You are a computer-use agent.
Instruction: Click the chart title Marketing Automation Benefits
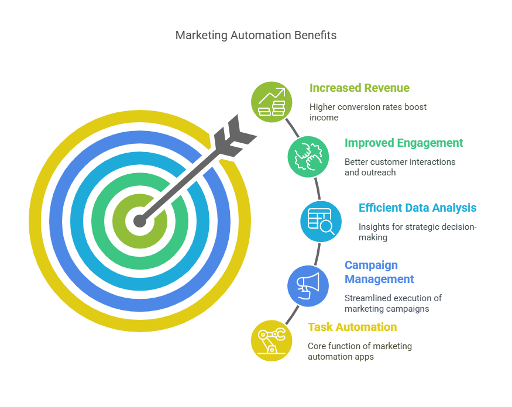256,35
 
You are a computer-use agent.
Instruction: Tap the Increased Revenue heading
359,88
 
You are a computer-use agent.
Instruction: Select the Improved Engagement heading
404,143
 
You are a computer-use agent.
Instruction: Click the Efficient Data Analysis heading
417,208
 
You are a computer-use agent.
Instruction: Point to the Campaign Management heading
379,272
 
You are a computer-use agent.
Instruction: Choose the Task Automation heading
352,327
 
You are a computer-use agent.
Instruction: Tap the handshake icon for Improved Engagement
308,156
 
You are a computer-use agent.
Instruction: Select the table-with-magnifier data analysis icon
321,221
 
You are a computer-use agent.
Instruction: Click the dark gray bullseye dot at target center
139,221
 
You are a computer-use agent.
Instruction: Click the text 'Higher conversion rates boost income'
368,112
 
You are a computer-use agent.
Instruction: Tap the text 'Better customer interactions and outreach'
400,167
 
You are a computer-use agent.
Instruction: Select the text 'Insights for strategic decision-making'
417,232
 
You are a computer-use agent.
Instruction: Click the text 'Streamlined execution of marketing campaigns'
393,303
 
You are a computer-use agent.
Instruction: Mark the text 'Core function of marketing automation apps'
359,351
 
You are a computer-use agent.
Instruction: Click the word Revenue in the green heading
385,88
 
